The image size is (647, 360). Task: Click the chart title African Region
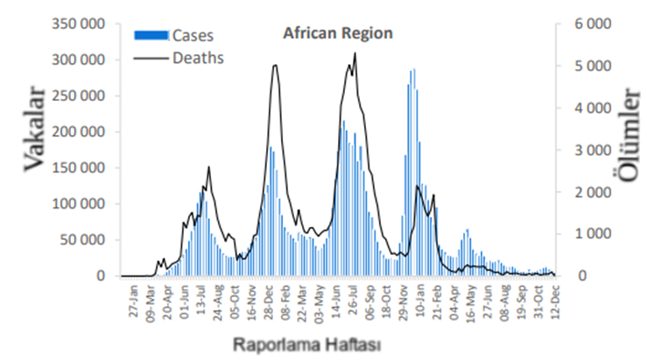(x=337, y=33)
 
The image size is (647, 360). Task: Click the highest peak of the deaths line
(x=355, y=54)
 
